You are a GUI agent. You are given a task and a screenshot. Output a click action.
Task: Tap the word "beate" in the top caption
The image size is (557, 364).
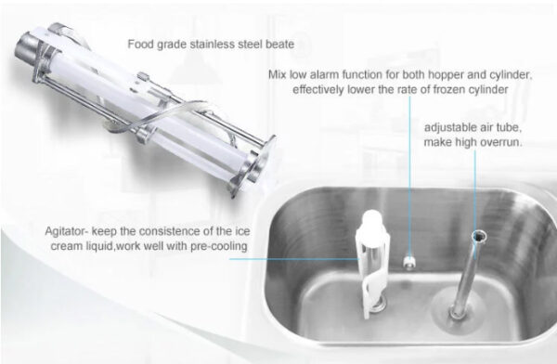coord(280,45)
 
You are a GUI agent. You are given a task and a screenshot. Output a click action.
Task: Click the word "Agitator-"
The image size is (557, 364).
coord(67,231)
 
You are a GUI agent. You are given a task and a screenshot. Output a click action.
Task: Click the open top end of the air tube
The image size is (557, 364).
coord(479,236)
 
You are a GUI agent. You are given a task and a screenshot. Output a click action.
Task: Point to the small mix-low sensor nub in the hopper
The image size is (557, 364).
coord(409,263)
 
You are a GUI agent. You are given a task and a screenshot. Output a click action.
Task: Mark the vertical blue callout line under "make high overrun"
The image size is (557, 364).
coord(475,189)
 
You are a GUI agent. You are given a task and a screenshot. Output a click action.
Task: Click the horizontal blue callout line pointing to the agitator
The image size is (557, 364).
coord(294,259)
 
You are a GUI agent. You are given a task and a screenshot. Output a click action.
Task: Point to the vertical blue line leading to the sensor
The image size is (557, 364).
coord(409,176)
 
